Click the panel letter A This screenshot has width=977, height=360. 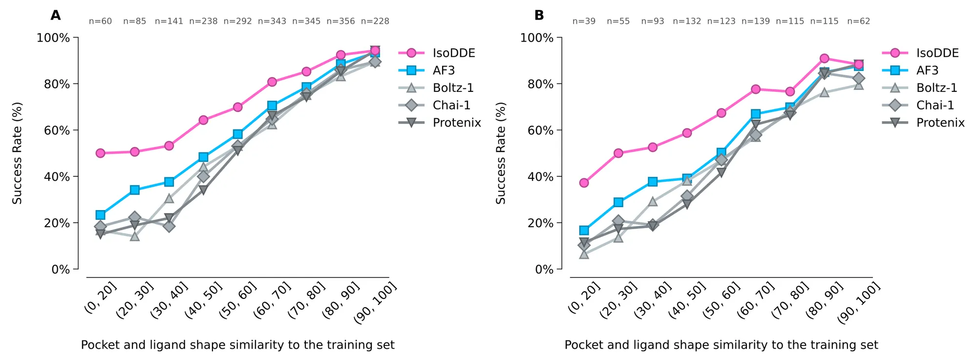click(x=56, y=16)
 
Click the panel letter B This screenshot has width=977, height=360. click(x=539, y=16)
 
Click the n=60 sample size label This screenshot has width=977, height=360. click(x=100, y=21)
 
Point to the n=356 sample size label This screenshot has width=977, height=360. click(x=340, y=21)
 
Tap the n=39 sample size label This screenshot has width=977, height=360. click(x=584, y=21)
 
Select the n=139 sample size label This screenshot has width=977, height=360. click(x=755, y=21)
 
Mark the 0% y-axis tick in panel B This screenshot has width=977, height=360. click(x=544, y=269)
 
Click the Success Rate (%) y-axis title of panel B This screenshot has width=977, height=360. click(x=501, y=153)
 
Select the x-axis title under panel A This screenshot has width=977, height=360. click(x=237, y=345)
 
